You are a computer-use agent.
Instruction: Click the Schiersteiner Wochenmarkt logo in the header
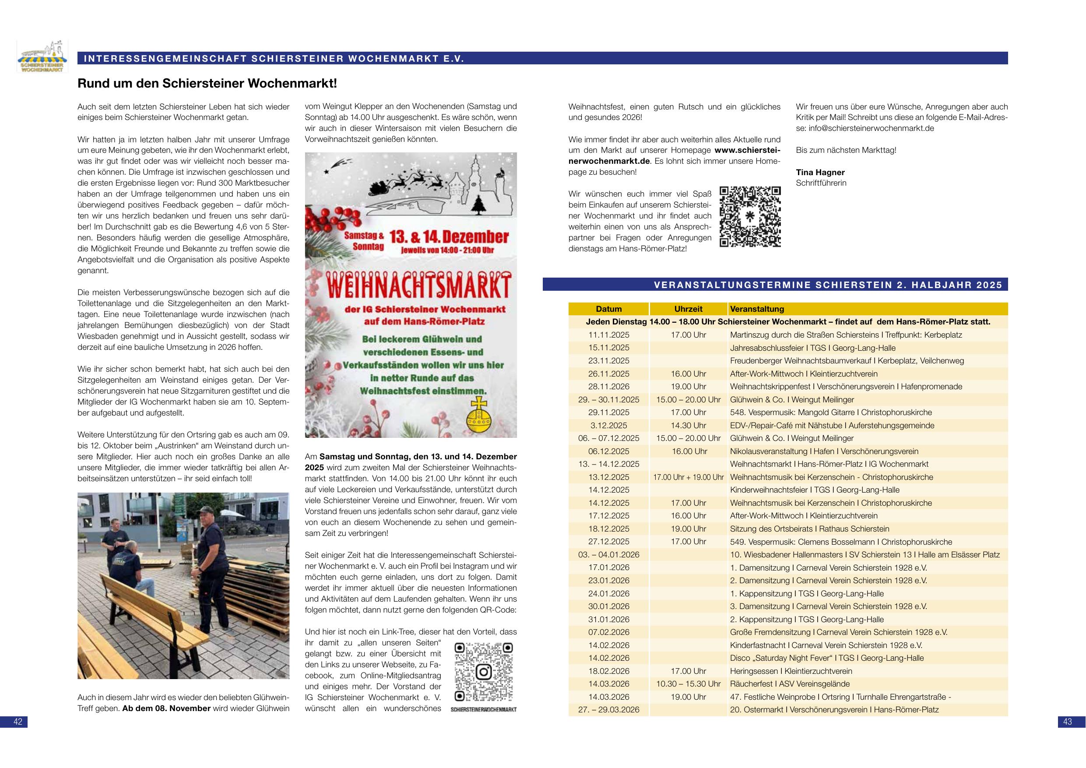[x=42, y=56]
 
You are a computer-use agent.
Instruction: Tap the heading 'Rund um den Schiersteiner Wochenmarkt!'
[x=207, y=83]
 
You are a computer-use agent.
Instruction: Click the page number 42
[x=18, y=722]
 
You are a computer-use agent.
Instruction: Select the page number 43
[x=1068, y=722]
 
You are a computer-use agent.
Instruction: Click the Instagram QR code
[x=483, y=672]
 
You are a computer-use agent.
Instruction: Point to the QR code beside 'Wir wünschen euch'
[x=750, y=217]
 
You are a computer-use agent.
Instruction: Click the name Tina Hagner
[x=820, y=172]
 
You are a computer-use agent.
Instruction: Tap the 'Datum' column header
[x=608, y=309]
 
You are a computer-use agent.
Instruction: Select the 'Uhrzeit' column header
[x=688, y=309]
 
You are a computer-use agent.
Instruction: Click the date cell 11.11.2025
[x=608, y=335]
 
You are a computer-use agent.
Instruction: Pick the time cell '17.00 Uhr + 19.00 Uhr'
[x=688, y=477]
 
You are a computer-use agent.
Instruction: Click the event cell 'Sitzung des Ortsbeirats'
[x=809, y=528]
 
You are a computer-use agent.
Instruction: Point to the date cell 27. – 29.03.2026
[x=608, y=710]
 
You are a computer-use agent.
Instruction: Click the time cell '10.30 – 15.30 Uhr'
[x=688, y=684]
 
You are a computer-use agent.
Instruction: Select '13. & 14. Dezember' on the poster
[x=448, y=237]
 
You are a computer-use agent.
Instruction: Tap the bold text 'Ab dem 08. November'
[x=166, y=708]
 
